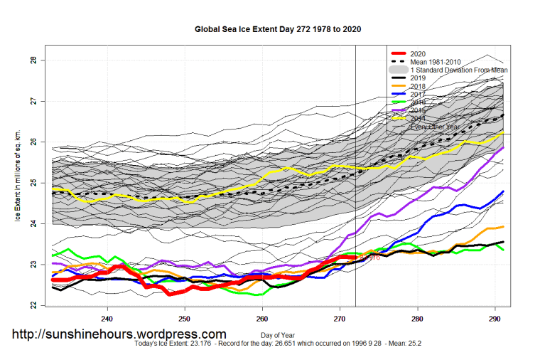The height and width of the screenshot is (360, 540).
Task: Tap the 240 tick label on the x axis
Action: click(x=107, y=318)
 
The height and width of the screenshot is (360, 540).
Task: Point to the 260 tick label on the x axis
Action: click(x=262, y=318)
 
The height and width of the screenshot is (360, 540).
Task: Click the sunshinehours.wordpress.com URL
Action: click(x=119, y=334)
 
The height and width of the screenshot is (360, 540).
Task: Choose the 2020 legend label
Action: click(x=418, y=54)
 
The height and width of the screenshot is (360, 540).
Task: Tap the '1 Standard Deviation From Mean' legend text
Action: click(x=458, y=70)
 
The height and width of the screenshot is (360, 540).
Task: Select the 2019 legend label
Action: click(x=418, y=78)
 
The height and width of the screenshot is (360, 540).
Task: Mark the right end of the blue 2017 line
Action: click(x=503, y=191)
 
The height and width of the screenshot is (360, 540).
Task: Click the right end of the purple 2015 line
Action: click(x=503, y=148)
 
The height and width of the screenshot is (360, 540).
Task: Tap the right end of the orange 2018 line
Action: click(x=503, y=226)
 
